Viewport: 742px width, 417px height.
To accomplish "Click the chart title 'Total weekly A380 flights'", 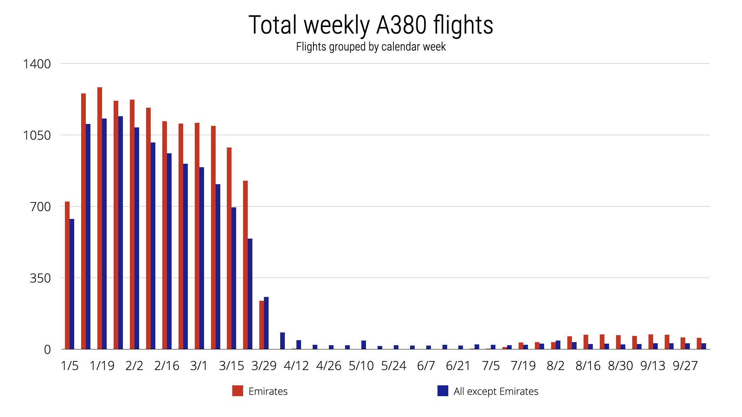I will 371,25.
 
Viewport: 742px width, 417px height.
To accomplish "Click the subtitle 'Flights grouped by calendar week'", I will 371,47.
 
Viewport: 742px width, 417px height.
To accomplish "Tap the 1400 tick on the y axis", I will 37,64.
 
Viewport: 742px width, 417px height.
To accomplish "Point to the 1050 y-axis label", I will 37,135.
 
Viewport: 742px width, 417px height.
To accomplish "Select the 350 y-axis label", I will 40,278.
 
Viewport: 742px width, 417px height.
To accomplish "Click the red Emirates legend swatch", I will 238,391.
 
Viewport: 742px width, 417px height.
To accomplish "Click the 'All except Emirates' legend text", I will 496,391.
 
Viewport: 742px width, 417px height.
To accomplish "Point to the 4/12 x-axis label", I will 296,366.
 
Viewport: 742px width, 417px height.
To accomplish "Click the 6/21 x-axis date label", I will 458,366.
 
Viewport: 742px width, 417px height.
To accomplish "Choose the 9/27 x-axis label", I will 685,366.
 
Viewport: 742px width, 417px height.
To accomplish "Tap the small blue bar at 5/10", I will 364,345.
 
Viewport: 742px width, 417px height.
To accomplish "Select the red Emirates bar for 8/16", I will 586,342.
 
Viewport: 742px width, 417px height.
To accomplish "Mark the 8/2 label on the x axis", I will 555,366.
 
